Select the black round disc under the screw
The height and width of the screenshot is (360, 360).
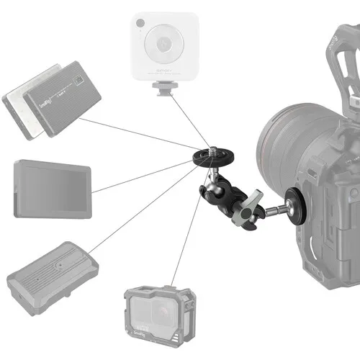[210, 158]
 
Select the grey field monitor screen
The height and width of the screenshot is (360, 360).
[53, 187]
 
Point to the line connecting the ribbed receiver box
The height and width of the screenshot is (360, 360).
[144, 209]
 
